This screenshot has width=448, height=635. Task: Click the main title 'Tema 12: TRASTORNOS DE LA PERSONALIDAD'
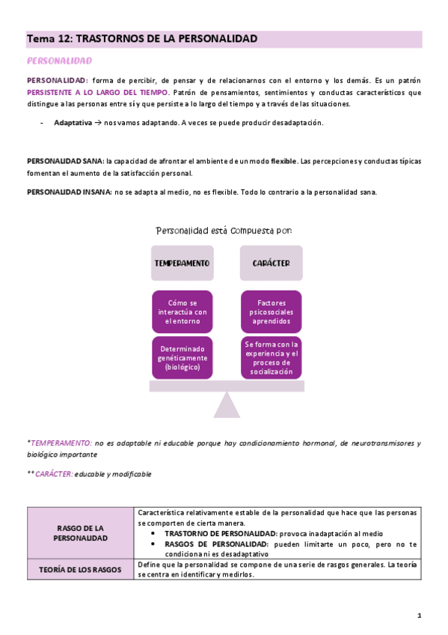point(142,38)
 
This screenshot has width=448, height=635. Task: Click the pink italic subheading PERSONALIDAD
point(59,61)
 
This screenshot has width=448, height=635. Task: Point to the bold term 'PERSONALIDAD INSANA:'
point(69,192)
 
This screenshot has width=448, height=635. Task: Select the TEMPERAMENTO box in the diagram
point(182,264)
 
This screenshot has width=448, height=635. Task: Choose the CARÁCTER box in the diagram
point(271,264)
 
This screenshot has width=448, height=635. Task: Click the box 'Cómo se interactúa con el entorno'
point(182,312)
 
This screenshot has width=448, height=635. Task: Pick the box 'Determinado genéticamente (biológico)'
point(182,358)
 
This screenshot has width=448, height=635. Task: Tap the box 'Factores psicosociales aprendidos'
point(271,312)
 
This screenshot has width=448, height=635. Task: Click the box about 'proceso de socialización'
point(271,358)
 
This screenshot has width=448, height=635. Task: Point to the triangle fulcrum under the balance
point(227,405)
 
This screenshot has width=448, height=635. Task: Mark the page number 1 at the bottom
point(420,616)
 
